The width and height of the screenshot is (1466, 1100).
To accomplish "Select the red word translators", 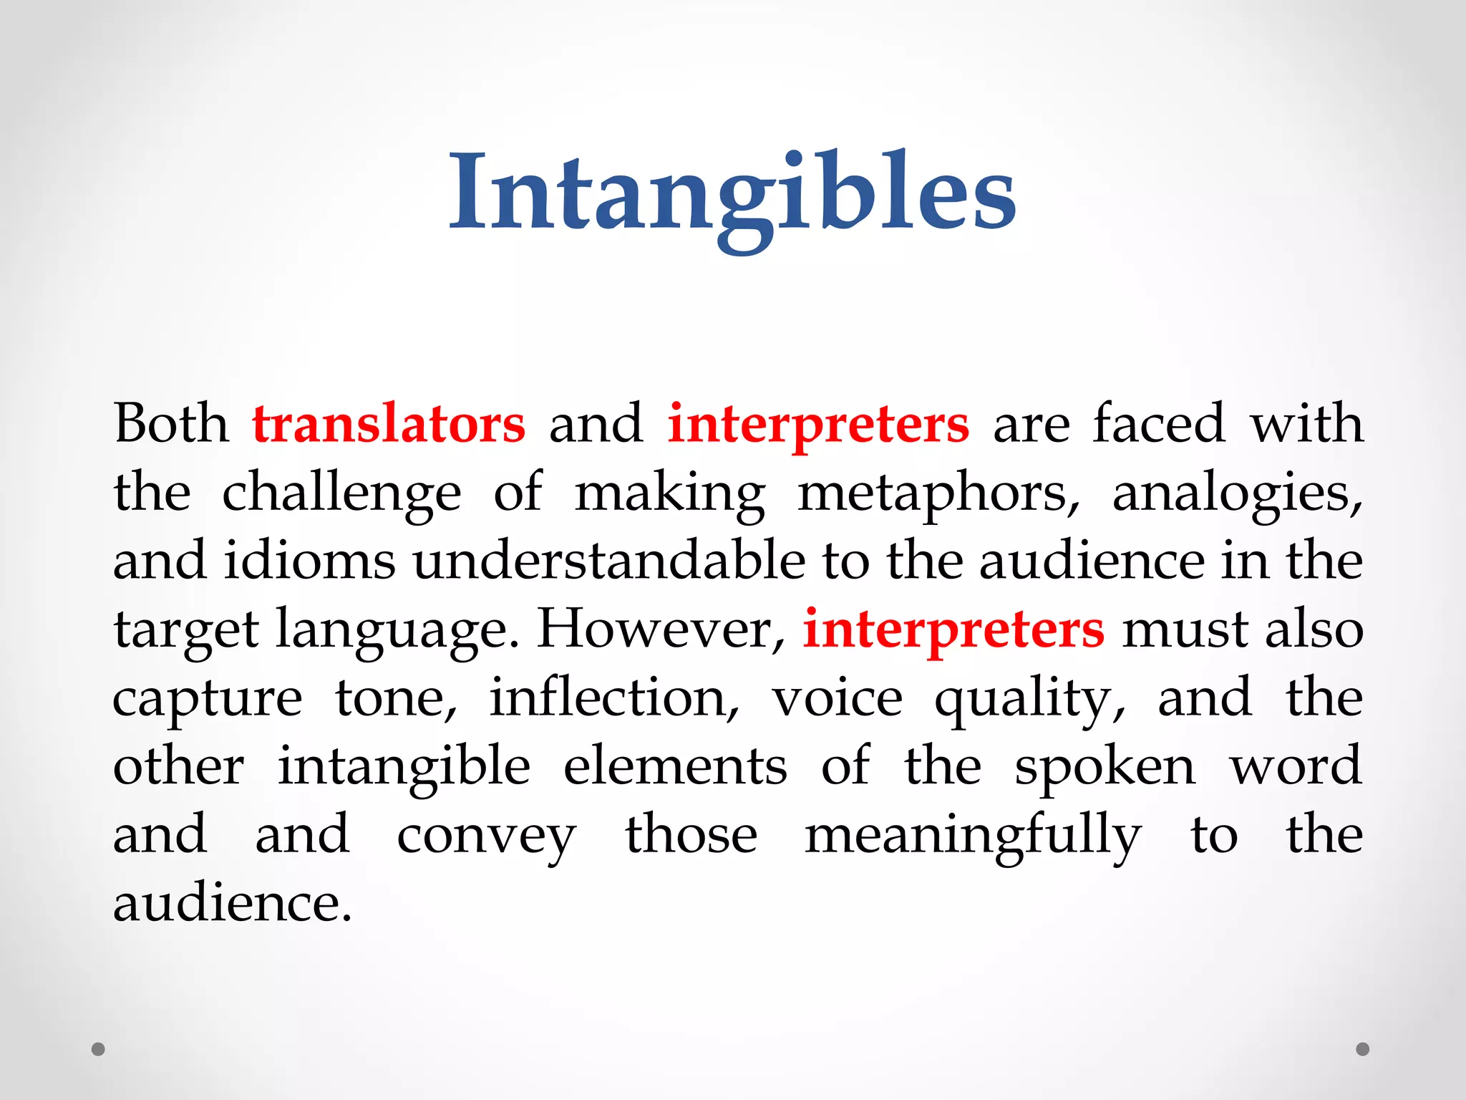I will (389, 424).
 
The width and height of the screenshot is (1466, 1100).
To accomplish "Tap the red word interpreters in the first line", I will (818, 424).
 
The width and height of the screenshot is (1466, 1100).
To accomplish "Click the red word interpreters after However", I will (953, 629).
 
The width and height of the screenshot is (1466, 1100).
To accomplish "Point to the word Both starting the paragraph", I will (171, 424).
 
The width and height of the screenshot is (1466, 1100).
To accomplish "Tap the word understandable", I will (609, 561).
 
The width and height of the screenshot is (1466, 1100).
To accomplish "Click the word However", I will (661, 629).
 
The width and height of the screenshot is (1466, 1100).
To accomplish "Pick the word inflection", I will (613, 698).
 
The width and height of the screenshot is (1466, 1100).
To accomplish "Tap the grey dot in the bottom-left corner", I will (99, 1049).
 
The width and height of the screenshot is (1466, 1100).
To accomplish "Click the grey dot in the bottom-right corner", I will (1363, 1049).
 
